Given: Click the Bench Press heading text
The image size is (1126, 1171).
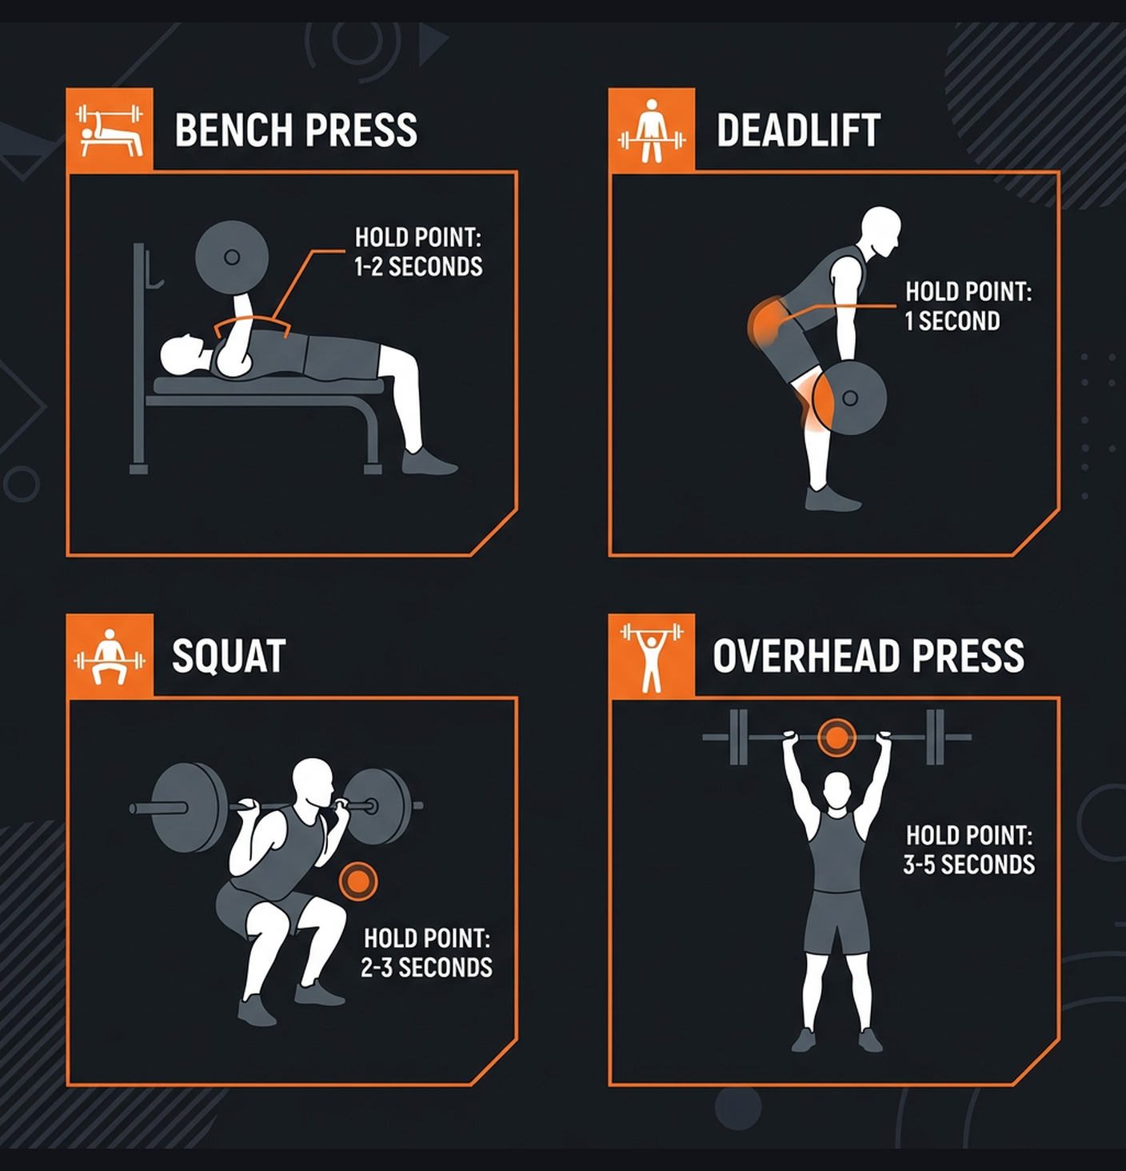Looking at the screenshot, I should (x=296, y=130).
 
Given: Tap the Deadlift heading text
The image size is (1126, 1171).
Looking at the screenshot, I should (x=798, y=130).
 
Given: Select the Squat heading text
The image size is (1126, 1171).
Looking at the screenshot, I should (x=229, y=657).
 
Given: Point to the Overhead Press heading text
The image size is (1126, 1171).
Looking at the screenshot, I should (x=868, y=657).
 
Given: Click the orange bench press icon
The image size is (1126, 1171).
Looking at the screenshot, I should (x=110, y=130).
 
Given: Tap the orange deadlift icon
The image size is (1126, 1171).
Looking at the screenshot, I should (x=652, y=130).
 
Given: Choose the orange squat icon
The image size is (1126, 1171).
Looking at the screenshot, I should (x=110, y=656).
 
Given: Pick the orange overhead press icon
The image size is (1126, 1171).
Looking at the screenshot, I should (x=652, y=656).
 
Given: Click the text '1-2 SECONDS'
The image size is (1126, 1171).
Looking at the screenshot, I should (x=418, y=266).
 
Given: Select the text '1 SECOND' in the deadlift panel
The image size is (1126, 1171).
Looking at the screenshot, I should (x=952, y=321).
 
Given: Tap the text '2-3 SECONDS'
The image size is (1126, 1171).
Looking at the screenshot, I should (x=426, y=967).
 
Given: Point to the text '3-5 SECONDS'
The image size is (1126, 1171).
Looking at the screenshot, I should (x=968, y=865).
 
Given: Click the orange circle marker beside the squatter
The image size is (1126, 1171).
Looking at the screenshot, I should (x=357, y=881).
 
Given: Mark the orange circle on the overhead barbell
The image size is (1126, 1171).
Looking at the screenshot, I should (x=837, y=737).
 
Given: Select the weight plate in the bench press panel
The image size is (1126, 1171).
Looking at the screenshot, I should (x=232, y=257).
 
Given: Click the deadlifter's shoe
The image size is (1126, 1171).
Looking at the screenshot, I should (x=831, y=500).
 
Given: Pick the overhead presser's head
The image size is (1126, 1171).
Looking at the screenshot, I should (x=837, y=791).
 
